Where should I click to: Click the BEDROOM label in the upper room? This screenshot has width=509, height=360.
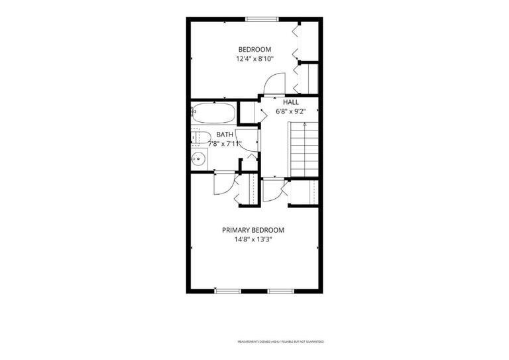[x=255, y=49]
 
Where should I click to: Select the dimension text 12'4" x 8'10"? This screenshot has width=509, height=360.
[x=255, y=59]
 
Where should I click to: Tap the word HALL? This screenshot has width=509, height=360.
[x=291, y=102]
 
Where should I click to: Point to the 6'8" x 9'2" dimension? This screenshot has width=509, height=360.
[x=291, y=111]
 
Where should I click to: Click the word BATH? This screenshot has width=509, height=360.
[x=225, y=134]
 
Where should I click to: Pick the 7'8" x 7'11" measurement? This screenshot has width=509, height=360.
[x=225, y=143]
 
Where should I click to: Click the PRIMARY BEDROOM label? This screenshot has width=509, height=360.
[x=253, y=230]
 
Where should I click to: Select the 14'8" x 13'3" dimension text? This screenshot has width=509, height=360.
[x=253, y=240]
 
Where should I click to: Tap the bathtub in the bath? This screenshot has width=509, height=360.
[x=213, y=113]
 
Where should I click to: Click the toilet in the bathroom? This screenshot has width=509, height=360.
[x=200, y=137]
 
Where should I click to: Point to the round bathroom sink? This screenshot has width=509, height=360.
[x=198, y=159]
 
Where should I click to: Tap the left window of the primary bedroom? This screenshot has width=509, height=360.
[x=227, y=290]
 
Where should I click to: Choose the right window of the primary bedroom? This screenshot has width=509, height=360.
[x=280, y=290]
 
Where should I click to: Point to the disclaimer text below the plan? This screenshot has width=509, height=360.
[x=280, y=341]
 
